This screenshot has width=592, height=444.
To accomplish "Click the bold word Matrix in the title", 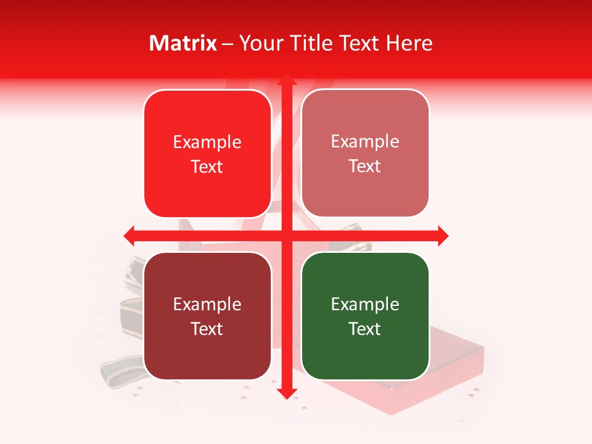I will (x=183, y=43).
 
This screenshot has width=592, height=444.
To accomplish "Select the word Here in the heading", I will (x=409, y=43).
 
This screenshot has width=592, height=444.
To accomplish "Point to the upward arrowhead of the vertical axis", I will (x=287, y=81).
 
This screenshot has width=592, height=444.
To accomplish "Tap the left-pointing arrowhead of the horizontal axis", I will (x=130, y=236).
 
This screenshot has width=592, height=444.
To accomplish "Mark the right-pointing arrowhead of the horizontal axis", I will (x=442, y=236).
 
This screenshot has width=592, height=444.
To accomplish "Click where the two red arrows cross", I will (x=287, y=236).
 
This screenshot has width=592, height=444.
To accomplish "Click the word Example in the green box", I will (x=365, y=304).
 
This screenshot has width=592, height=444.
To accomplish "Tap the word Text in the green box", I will (x=365, y=329).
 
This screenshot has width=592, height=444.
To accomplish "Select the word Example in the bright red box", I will (x=207, y=142).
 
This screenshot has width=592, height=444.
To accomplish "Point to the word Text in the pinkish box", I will (x=365, y=166).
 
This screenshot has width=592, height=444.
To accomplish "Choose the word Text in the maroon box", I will (x=207, y=329).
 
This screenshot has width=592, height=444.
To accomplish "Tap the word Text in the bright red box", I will (x=207, y=166).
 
